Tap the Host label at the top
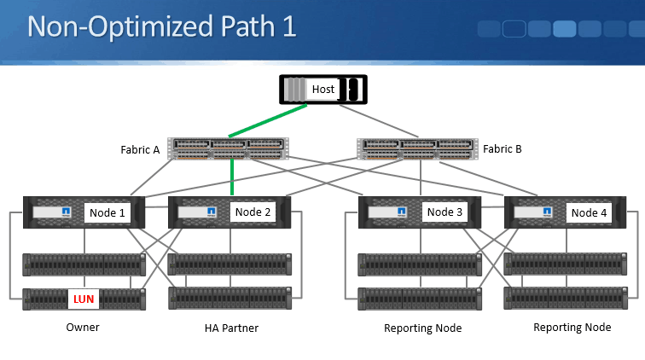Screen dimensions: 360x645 pos(323,89)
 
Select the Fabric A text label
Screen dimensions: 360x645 pos(141,149)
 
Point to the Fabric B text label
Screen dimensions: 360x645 pos(503,148)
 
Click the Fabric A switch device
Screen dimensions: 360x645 pos(228,148)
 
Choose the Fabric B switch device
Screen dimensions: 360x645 pos(417,148)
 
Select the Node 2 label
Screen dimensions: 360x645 pos(253,212)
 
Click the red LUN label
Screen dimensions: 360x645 pos(84,299)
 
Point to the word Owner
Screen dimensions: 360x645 pos(84,328)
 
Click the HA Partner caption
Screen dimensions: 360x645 pos(231,328)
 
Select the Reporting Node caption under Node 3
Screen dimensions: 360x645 pos(424,328)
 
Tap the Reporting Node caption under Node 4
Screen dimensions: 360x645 pos(572,328)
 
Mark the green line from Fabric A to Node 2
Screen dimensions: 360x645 pos(231,178)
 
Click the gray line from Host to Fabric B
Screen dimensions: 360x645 pos(383,119)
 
